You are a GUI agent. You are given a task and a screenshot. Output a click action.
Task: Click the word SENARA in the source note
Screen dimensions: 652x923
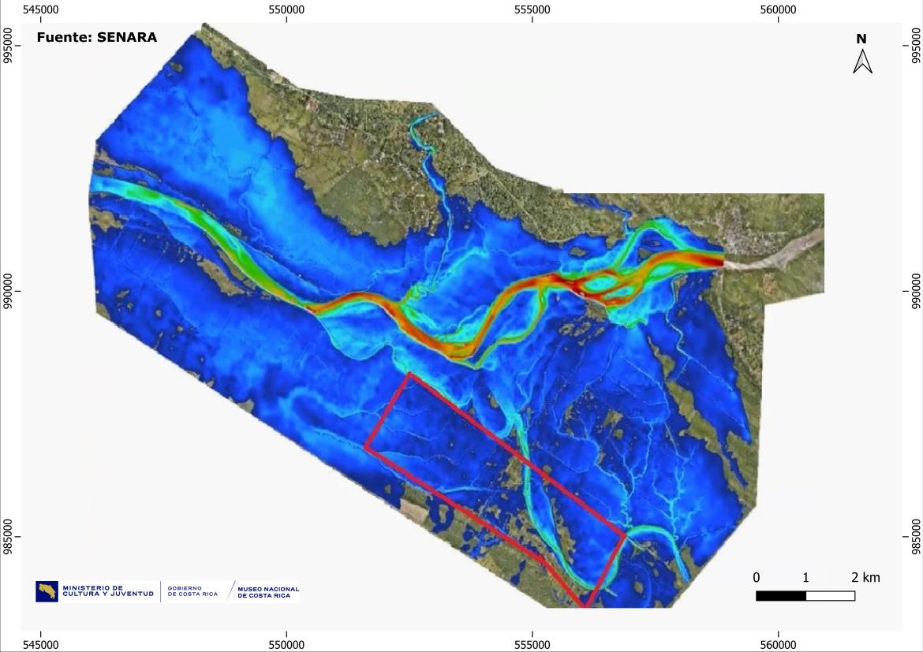point(127,37)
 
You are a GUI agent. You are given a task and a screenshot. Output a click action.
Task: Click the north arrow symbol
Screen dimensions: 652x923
point(862,61)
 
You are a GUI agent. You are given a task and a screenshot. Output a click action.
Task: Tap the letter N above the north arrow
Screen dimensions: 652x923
point(861,39)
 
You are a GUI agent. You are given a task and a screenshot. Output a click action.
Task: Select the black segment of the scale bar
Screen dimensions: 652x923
point(780,596)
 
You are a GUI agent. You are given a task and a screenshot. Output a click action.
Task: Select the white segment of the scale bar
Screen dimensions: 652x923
point(830,596)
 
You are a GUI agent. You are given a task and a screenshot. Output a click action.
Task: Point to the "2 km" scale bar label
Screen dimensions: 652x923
point(865,577)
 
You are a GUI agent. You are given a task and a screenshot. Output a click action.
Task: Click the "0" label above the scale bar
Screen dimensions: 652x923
point(757,577)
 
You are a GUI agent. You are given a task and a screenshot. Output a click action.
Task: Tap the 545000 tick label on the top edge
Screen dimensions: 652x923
point(40,9)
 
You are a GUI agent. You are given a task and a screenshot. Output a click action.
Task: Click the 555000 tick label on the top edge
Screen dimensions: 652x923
point(532,9)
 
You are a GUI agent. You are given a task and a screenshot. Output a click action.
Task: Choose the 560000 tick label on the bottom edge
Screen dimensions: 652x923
point(779,644)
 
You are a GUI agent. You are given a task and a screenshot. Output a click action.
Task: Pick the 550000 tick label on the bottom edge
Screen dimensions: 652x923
point(286,644)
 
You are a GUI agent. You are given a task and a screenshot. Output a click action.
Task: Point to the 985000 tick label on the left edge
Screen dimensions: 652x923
point(9,537)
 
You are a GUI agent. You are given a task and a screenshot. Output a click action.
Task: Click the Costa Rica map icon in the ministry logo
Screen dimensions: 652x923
point(47,591)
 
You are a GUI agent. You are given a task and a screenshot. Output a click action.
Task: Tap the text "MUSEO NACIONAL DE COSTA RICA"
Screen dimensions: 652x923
point(268,591)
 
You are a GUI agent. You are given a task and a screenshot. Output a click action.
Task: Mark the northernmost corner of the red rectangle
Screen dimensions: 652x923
point(408,374)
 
